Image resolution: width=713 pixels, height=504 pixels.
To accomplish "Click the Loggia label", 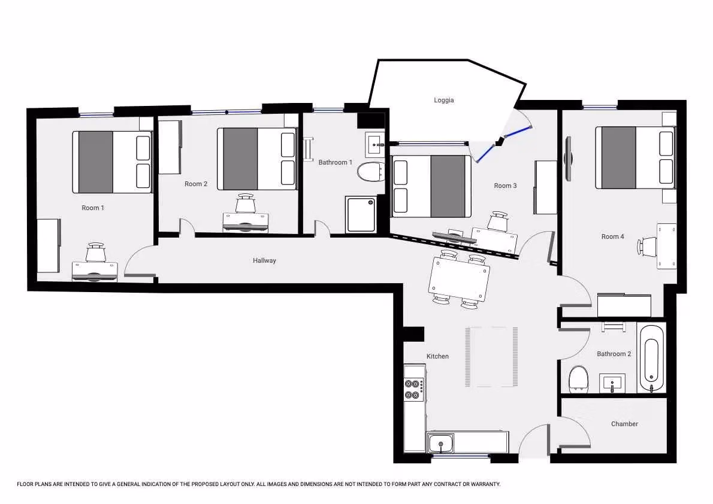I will click(444, 100).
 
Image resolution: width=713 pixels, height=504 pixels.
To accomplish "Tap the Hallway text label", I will click(264, 260).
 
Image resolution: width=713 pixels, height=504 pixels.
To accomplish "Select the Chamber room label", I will click(624, 424).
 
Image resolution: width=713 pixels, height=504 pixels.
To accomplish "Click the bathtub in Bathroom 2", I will click(652, 358).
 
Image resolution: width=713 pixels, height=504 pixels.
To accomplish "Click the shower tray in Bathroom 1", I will click(361, 214).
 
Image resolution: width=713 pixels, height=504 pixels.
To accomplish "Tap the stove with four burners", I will click(414, 390).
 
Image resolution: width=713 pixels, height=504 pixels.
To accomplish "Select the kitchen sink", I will click(441, 444).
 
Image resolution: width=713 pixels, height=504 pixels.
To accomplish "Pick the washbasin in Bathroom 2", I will click(612, 383).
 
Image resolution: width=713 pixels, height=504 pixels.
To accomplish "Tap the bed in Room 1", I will click(112, 162).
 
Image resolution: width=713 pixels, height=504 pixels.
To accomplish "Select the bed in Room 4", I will click(635, 157).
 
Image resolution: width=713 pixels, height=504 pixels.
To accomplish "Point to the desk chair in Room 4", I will click(648, 246).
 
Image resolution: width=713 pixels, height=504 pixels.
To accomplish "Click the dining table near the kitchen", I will click(460, 279).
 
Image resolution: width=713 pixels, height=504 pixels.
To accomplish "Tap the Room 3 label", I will click(505, 186).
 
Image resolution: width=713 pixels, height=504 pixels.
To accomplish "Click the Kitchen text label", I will click(437, 356).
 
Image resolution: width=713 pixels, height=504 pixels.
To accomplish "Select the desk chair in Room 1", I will click(96, 253).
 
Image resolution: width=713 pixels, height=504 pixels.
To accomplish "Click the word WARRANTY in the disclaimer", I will click(484, 484).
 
